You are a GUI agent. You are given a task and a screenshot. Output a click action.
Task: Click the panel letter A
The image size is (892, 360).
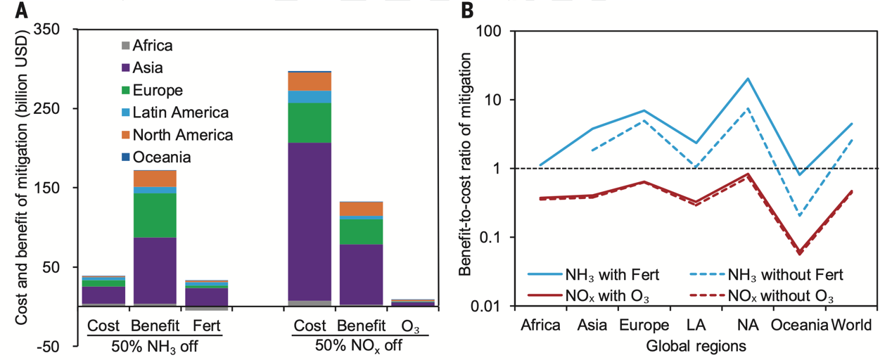pos(8,10)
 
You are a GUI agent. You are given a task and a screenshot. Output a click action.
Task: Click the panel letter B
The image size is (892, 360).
pos(466,10)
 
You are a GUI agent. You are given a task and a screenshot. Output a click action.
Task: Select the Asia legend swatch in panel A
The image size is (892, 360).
pos(126,68)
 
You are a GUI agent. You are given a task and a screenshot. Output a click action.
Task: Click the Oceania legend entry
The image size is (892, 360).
pos(161,157)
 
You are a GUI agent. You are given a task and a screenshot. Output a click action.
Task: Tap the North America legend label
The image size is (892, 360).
pos(182,135)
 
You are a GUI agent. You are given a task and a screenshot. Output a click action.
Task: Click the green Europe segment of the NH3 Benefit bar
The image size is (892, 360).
pos(155,215)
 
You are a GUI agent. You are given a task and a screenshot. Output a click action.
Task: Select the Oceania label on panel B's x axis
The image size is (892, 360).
pos(800,326)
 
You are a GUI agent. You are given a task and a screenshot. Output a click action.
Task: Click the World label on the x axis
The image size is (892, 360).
pos(852,326)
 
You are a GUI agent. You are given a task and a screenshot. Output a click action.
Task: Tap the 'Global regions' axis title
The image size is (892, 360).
pos(696,346)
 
